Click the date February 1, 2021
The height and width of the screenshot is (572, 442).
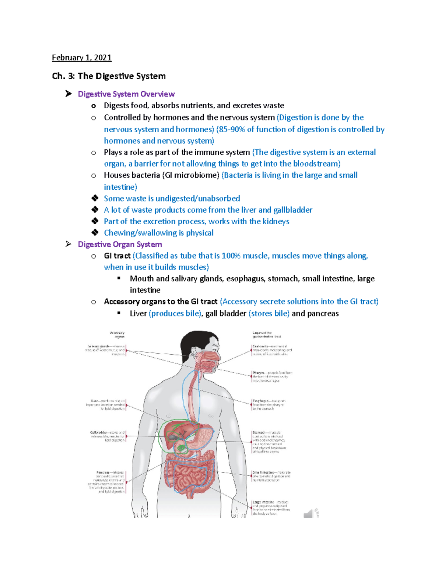81,57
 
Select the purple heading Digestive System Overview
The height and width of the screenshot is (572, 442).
126,94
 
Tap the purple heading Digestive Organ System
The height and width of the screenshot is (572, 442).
120,244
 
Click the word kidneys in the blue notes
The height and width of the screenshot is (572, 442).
275,221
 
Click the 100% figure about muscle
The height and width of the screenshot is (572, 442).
231,256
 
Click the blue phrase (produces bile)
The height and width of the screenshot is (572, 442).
175,313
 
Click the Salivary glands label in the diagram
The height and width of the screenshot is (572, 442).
98,347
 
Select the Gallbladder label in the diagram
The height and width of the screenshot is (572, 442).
99,432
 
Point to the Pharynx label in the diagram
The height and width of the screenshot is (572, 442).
259,373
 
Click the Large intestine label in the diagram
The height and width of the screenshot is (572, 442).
263,502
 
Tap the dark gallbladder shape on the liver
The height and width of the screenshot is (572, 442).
173,437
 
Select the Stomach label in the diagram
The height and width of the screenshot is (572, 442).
259,432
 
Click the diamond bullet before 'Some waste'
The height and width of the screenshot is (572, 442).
95,198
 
